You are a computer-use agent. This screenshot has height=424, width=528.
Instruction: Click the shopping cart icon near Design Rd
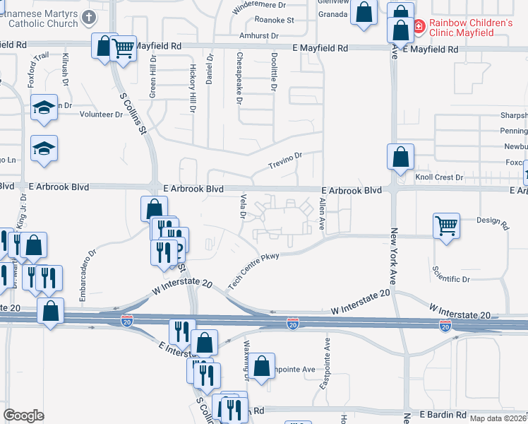(x=446, y=225)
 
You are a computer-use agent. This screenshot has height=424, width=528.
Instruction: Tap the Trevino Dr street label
(x=285, y=160)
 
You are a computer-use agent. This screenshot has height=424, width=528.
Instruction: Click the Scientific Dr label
(x=450, y=279)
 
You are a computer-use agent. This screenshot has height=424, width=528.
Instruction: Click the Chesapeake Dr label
(x=240, y=78)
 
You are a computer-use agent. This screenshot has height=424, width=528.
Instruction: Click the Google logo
(x=23, y=416)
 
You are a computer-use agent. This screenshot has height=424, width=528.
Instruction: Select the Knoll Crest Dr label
(x=439, y=177)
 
